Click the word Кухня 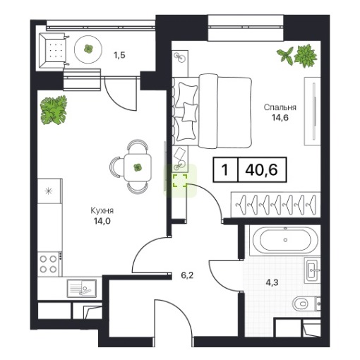click(x=102, y=210)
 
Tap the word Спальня click(x=280, y=107)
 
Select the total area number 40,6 click(x=261, y=169)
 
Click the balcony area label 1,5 click(x=119, y=55)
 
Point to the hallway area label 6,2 click(x=187, y=275)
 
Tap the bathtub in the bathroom click(x=285, y=240)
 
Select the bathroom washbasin click(x=312, y=270)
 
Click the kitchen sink click(x=81, y=288)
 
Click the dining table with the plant click(x=138, y=167)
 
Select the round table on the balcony click(x=88, y=49)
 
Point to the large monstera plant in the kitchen click(x=54, y=110)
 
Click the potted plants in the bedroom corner click(x=297, y=56)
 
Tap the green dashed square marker click(x=180, y=181)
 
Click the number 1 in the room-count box click(x=225, y=169)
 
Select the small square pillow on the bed click(x=190, y=112)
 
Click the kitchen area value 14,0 click(x=102, y=221)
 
